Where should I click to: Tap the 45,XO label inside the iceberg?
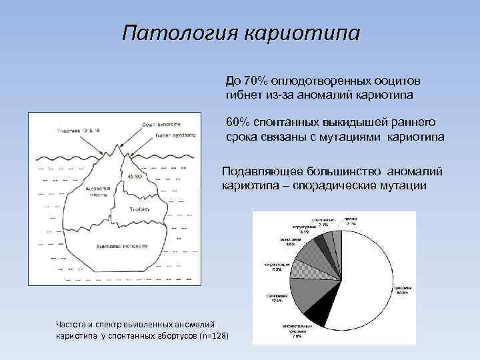(x=135, y=176)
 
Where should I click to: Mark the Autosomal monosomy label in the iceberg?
(x=116, y=247)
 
